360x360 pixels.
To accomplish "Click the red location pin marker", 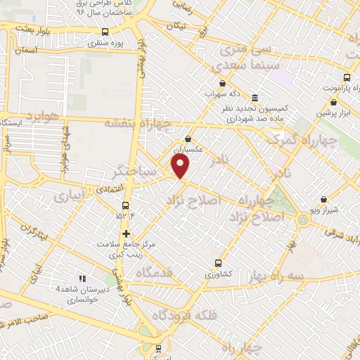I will click(181, 166).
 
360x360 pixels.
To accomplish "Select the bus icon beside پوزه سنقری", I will click(105, 32).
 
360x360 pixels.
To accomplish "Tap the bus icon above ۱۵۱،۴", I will click(126, 205).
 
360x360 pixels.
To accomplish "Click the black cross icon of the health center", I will click(126, 234).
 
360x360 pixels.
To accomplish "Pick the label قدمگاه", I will click(155, 272).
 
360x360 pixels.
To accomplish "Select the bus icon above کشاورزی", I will click(217, 262).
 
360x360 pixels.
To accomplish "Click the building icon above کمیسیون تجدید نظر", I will click(253, 98).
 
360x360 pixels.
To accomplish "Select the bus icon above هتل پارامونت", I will click(346, 78).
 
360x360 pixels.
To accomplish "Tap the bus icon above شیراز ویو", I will click(323, 200).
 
